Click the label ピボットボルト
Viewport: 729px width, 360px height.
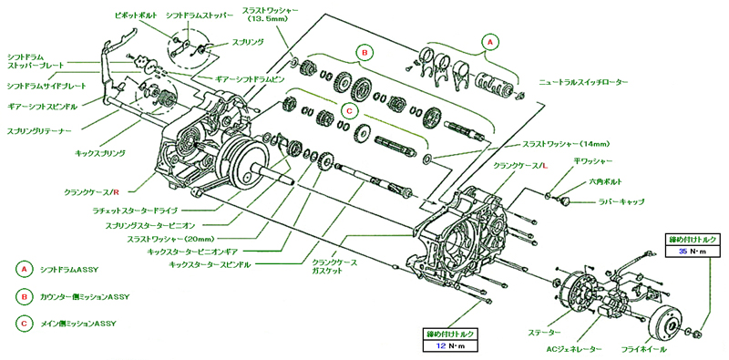(136, 15)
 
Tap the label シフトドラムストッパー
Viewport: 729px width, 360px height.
(199, 15)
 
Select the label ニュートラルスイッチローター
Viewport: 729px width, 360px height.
(583, 82)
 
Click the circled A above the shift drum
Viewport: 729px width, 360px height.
(488, 42)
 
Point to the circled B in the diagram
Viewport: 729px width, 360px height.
(365, 53)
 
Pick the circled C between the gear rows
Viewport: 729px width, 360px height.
(349, 111)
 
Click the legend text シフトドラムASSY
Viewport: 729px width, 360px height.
(67, 269)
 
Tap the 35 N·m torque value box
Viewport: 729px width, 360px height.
(692, 252)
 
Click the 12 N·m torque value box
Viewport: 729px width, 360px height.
(449, 345)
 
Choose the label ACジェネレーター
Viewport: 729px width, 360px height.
(575, 348)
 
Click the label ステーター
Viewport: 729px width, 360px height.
(544, 332)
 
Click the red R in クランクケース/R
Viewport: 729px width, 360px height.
(117, 191)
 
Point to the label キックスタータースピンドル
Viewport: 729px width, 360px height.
(210, 264)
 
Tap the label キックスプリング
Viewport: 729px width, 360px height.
(100, 152)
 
